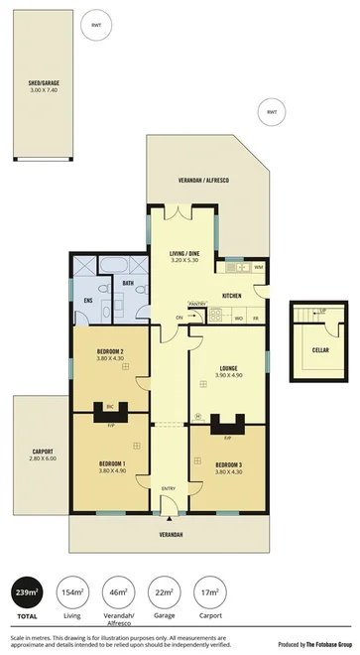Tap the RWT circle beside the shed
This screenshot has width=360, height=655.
[x=95, y=26]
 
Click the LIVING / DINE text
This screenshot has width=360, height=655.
[x=184, y=256]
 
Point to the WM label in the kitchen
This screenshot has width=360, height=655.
[x=258, y=267]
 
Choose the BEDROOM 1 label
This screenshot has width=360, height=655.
[x=110, y=463]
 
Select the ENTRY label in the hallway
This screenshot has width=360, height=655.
[x=169, y=488]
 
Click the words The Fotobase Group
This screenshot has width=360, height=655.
[x=326, y=645]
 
